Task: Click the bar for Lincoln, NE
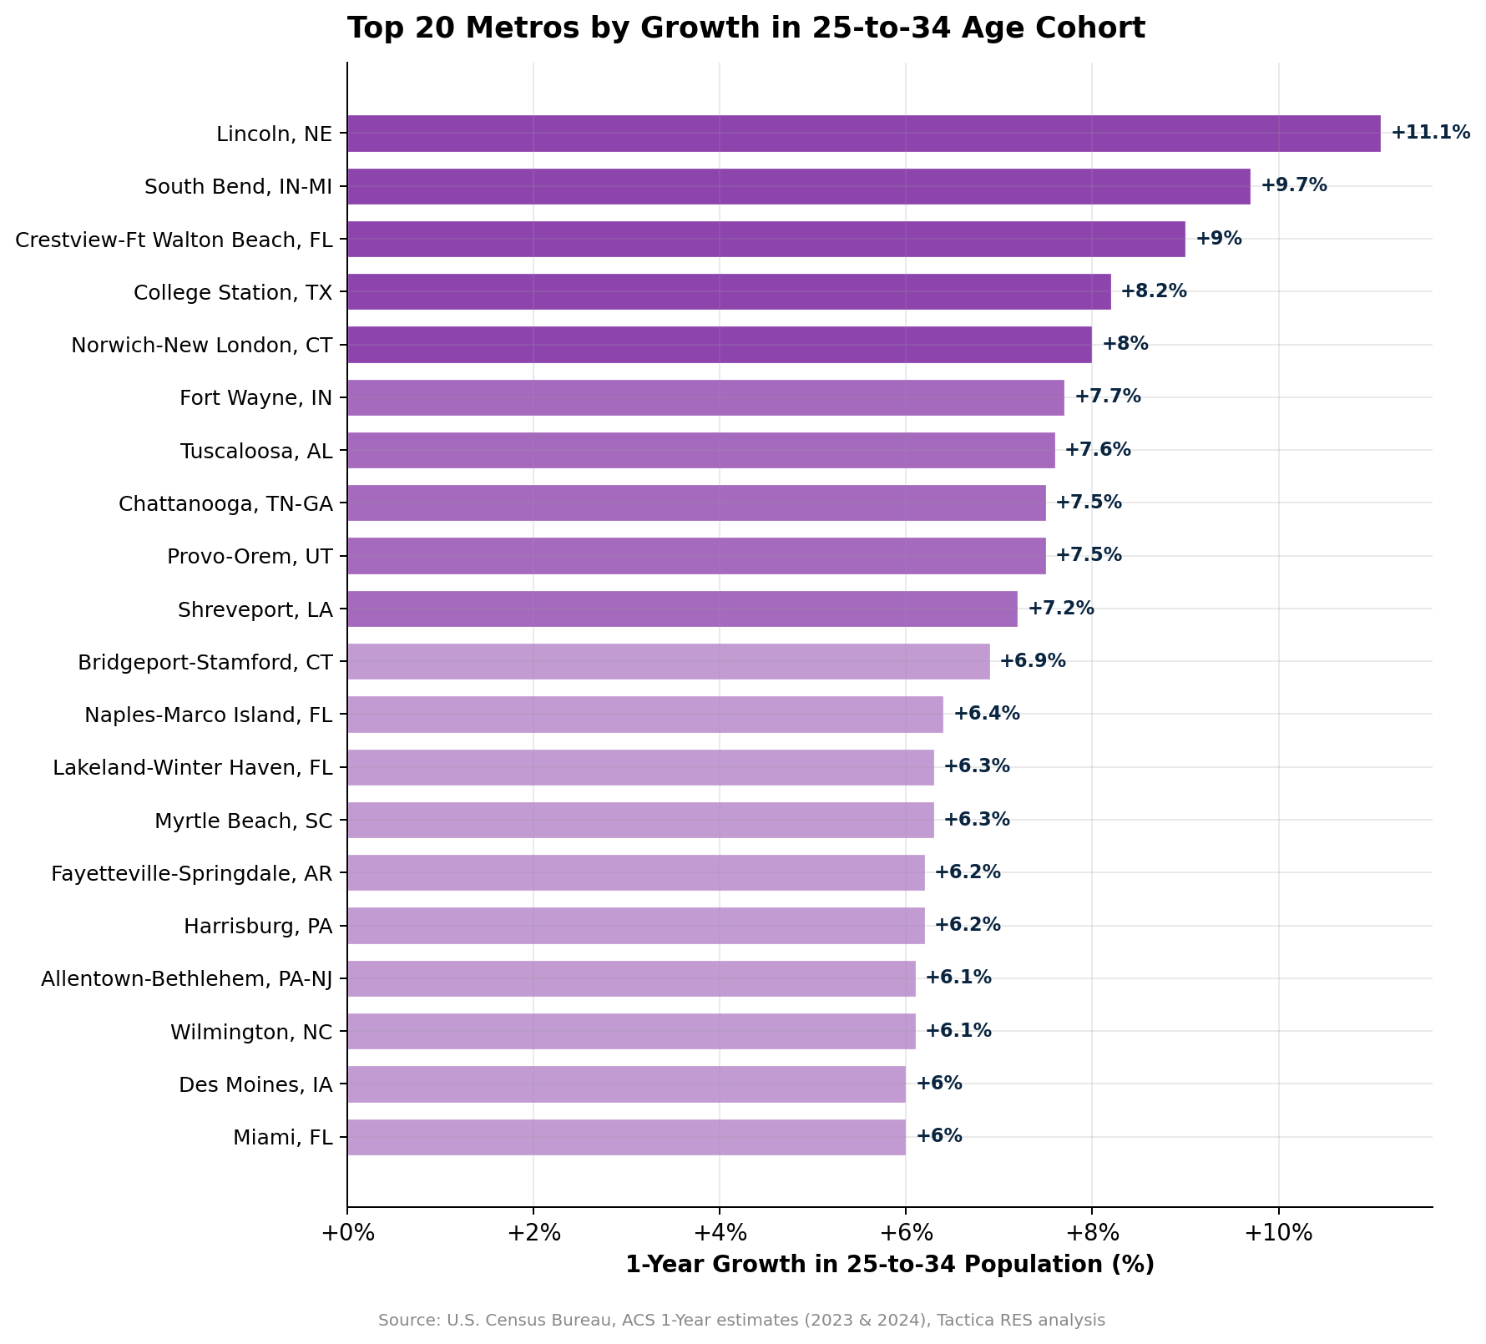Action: tap(863, 134)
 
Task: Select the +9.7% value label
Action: tap(1293, 185)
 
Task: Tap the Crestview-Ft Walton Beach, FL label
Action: tap(174, 240)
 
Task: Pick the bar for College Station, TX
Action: tap(729, 291)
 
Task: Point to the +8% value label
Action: tap(1125, 344)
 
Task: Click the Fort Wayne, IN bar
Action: tap(705, 397)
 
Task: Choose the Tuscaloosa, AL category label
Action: tap(255, 452)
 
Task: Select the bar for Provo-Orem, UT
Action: tap(696, 556)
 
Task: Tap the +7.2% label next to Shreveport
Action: tap(1060, 609)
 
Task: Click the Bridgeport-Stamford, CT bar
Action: tap(668, 661)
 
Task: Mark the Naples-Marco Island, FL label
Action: tap(209, 715)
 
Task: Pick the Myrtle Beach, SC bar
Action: tap(640, 820)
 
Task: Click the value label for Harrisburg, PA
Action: tap(967, 925)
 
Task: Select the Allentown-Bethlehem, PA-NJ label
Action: tap(187, 978)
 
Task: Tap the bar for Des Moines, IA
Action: tap(626, 1084)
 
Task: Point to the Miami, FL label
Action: tap(283, 1137)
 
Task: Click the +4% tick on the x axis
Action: tap(720, 1233)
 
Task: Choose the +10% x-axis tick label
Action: tap(1277, 1233)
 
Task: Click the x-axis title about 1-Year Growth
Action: tap(889, 1265)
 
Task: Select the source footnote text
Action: tap(741, 1321)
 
